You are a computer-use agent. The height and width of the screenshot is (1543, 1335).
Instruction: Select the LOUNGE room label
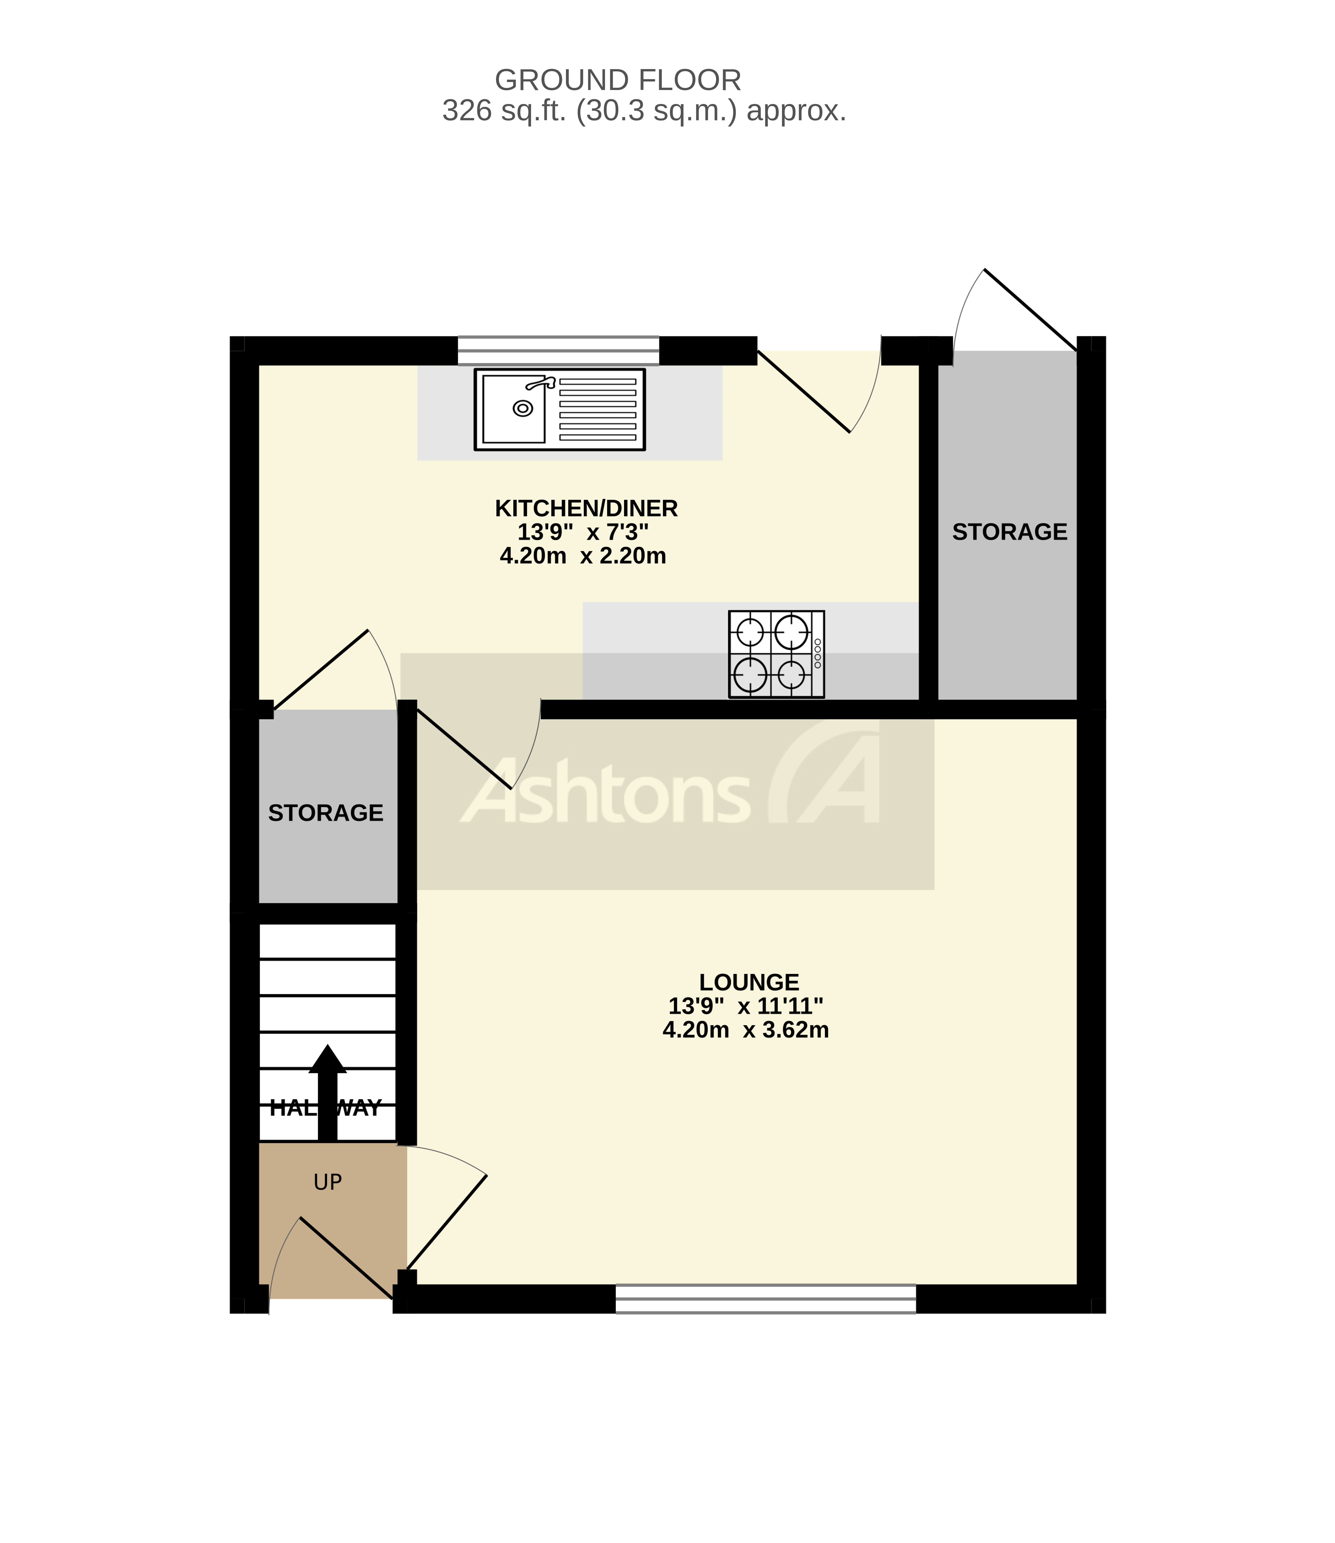tap(749, 982)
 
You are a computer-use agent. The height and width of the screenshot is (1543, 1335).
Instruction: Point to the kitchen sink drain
tap(523, 408)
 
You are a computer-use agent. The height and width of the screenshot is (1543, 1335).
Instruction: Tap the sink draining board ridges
tap(598, 410)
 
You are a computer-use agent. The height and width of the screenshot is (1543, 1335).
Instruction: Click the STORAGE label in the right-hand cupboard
tap(1009, 532)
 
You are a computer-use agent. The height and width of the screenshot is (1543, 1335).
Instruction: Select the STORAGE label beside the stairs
tap(326, 812)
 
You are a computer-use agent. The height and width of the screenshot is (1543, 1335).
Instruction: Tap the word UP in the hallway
tap(328, 1182)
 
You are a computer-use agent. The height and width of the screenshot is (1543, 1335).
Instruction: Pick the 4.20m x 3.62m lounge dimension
tap(745, 1030)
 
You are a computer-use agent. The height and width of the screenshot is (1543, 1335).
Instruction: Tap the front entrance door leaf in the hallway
tap(346, 1258)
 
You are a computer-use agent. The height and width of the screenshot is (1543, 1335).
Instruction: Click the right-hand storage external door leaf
tap(1030, 310)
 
